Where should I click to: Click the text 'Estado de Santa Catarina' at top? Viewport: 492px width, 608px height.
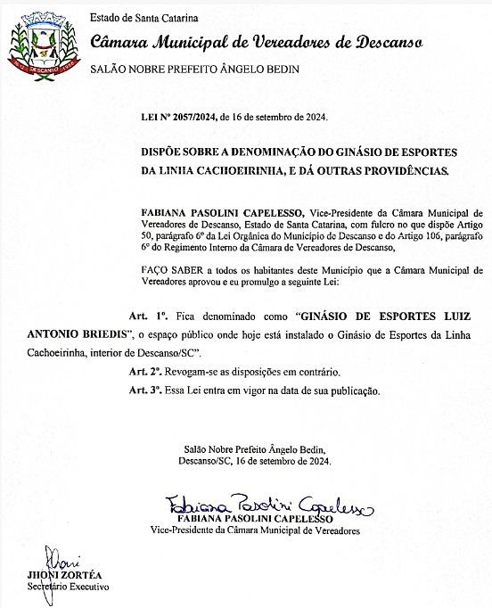click(x=143, y=17)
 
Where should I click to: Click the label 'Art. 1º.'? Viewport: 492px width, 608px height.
click(x=150, y=316)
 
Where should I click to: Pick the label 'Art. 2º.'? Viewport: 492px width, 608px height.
click(x=145, y=371)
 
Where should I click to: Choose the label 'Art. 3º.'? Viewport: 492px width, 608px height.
click(x=145, y=390)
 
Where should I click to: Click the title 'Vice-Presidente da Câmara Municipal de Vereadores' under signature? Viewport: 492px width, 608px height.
click(x=255, y=530)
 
